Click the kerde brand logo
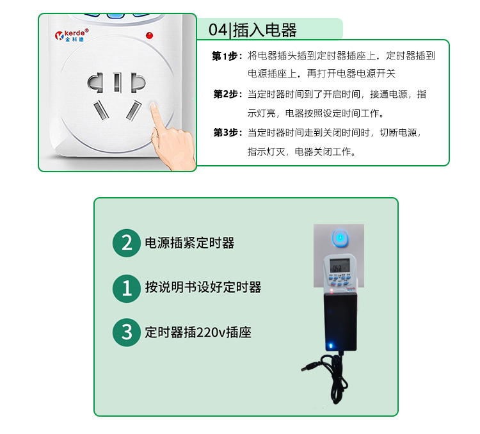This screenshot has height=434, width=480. click(x=72, y=35)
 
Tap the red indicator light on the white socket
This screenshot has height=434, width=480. click(x=149, y=36)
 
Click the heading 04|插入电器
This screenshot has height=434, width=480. click(x=253, y=30)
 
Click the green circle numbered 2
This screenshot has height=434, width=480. click(x=127, y=243)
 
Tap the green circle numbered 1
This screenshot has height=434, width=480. click(x=127, y=288)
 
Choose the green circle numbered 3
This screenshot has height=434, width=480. click(x=127, y=333)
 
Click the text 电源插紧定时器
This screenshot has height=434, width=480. click(x=190, y=243)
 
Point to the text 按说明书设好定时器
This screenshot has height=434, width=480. click(x=204, y=287)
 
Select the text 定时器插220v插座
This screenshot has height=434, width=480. click(x=198, y=332)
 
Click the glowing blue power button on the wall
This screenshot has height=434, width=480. click(x=340, y=237)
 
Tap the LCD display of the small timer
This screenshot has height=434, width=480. click(x=339, y=265)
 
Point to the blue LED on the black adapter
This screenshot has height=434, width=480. click(x=331, y=346)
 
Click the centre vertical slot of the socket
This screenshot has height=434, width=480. click(x=117, y=83)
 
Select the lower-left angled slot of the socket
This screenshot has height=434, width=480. click(x=101, y=110)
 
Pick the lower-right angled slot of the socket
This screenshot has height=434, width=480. click(x=134, y=110)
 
